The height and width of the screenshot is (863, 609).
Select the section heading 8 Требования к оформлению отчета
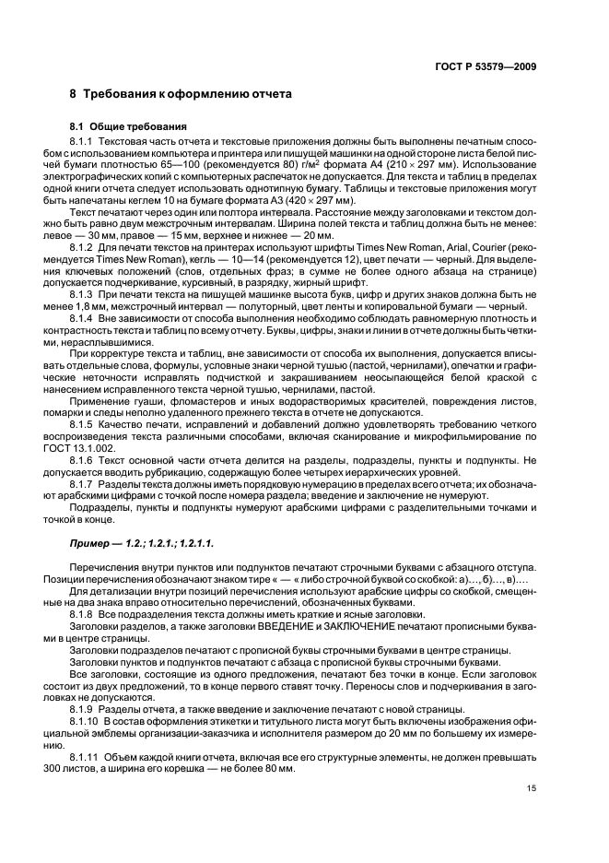click(181, 94)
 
